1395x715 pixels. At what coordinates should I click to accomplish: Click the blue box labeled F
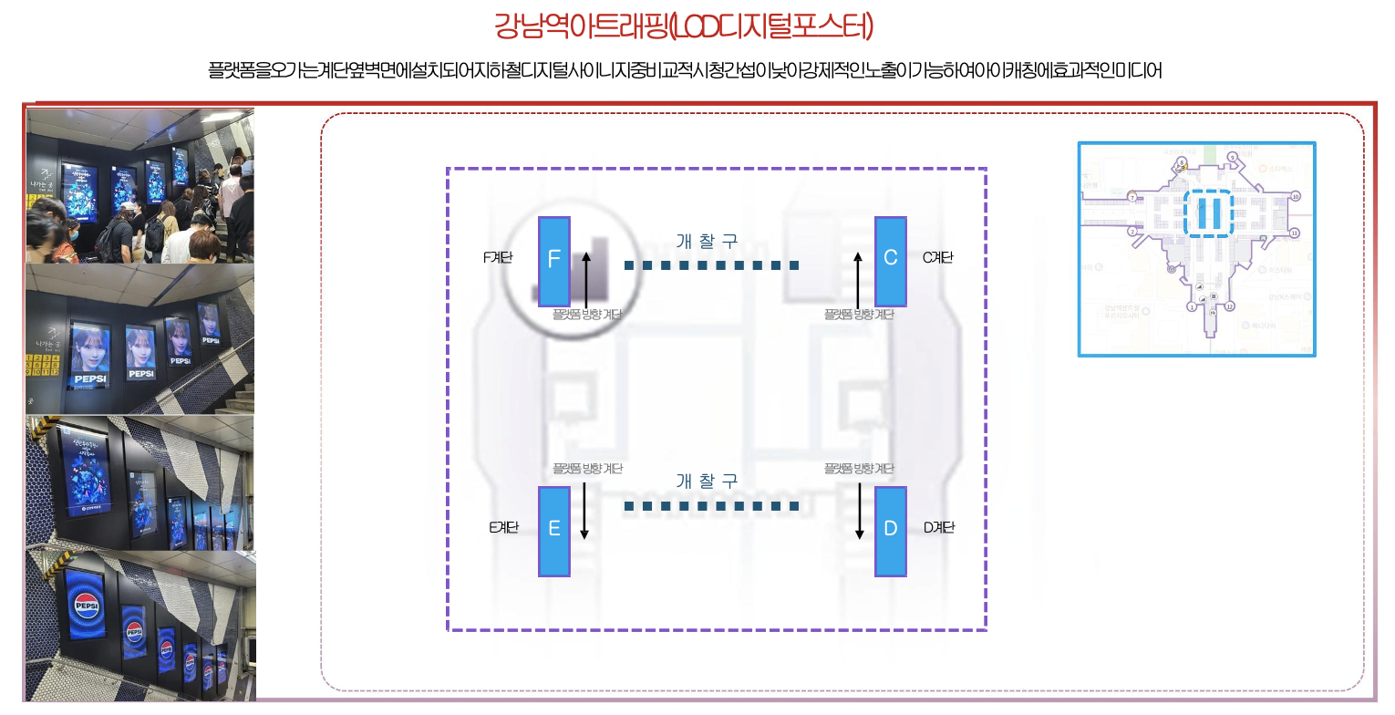pyautogui.click(x=554, y=262)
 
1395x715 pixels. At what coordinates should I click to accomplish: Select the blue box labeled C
pyautogui.click(x=891, y=262)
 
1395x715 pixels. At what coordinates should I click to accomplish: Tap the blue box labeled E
pyautogui.click(x=554, y=531)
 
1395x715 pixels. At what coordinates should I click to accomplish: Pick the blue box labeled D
pyautogui.click(x=891, y=531)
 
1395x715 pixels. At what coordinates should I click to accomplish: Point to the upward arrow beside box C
pyautogui.click(x=858, y=279)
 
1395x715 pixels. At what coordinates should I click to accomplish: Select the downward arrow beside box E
pyautogui.click(x=584, y=511)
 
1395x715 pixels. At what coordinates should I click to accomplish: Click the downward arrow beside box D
pyautogui.click(x=860, y=511)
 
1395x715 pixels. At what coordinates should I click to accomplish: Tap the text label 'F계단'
pyautogui.click(x=498, y=258)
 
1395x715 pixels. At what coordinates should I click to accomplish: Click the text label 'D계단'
pyautogui.click(x=939, y=527)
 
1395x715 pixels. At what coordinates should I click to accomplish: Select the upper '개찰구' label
pyautogui.click(x=707, y=242)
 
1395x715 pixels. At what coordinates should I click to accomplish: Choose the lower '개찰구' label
pyautogui.click(x=707, y=482)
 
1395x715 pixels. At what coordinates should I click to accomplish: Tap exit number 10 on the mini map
pyautogui.click(x=1295, y=196)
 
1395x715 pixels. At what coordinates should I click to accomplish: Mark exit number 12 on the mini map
pyautogui.click(x=1229, y=306)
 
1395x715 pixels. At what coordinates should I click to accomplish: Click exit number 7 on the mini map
pyautogui.click(x=1131, y=196)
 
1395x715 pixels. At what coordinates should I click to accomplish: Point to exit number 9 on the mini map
pyautogui.click(x=1232, y=157)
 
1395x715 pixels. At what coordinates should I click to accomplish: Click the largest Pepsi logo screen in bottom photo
pyautogui.click(x=88, y=606)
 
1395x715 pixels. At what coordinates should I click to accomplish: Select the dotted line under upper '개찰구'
pyautogui.click(x=711, y=265)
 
